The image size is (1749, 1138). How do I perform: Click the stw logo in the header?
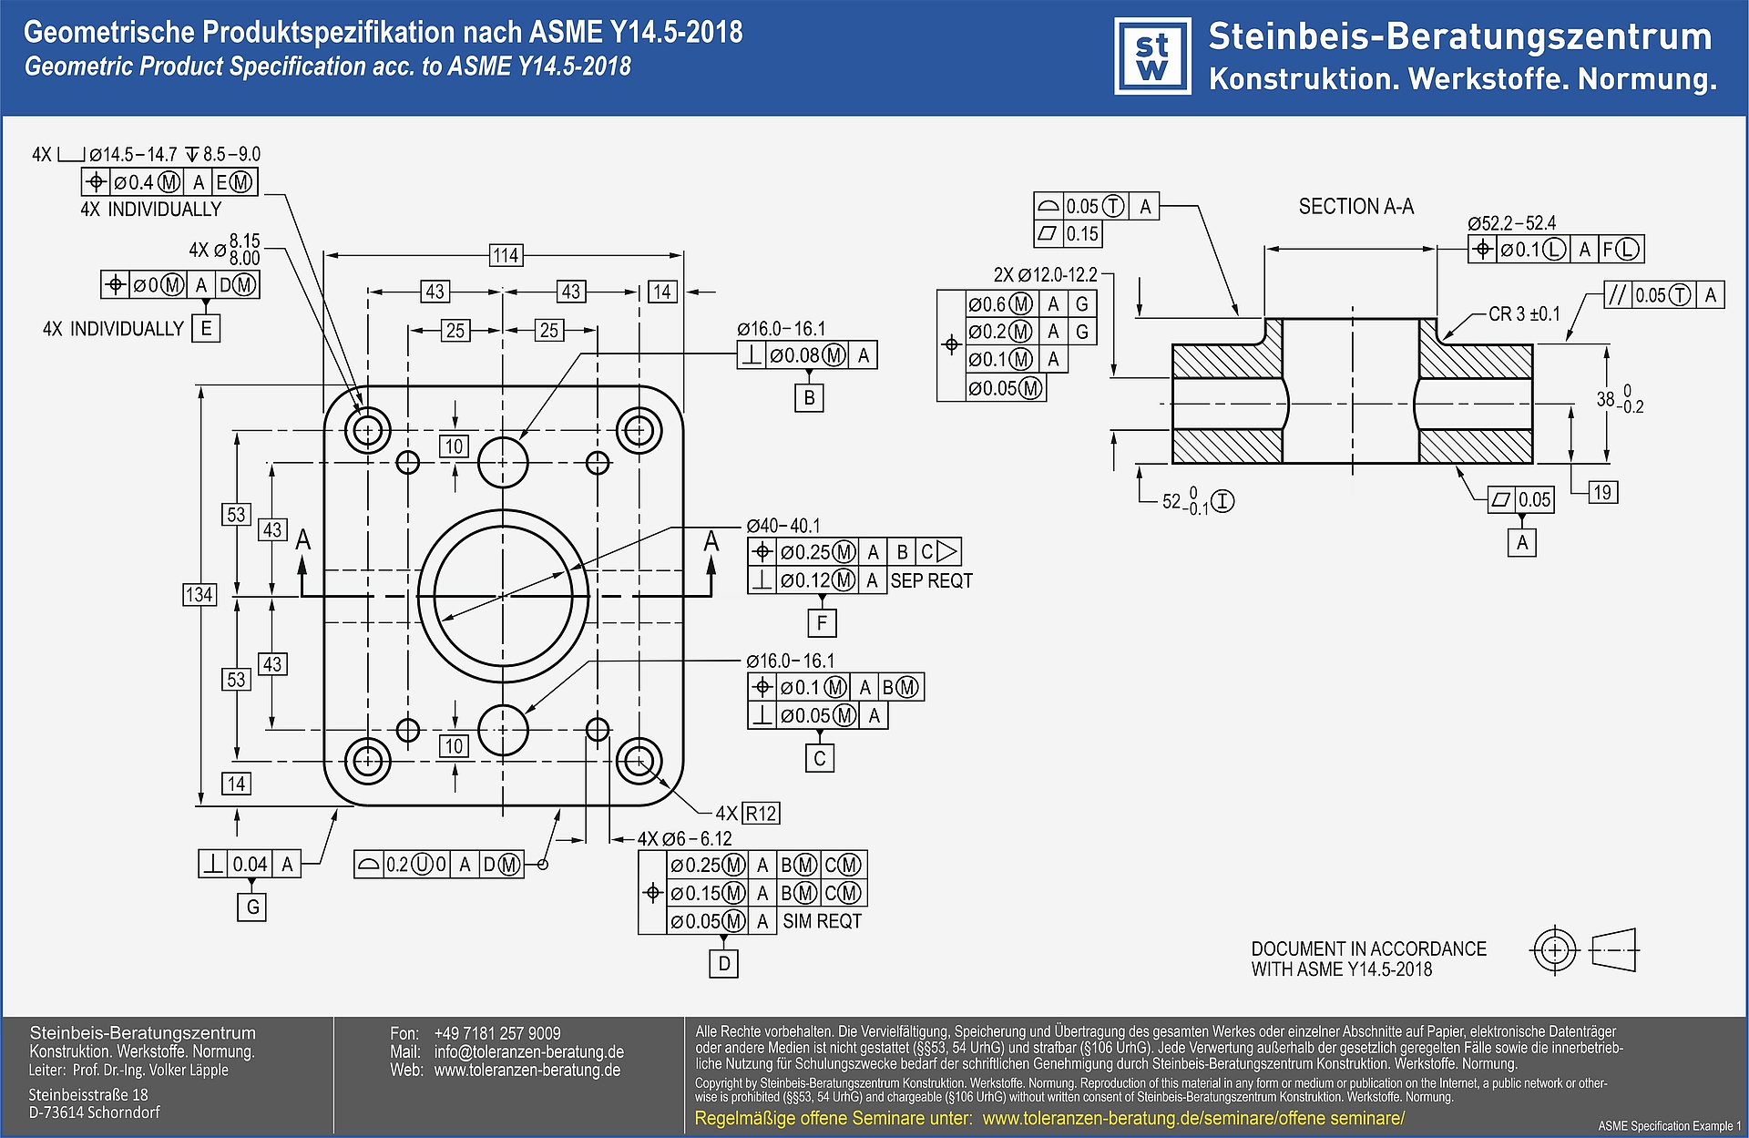[x=1152, y=56]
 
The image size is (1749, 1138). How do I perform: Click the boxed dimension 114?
[x=506, y=255]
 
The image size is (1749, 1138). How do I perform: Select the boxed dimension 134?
[x=199, y=595]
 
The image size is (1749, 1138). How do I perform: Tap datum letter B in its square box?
[x=809, y=398]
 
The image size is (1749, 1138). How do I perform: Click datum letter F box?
[x=822, y=623]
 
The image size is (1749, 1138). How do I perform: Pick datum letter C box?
[x=819, y=758]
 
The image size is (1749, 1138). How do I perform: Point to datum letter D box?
[x=723, y=963]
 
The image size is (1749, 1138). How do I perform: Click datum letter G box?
[x=251, y=907]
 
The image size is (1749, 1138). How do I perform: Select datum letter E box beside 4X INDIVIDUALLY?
[x=207, y=328]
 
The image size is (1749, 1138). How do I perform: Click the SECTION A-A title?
[x=1355, y=207]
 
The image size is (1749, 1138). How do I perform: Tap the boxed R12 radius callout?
[x=762, y=813]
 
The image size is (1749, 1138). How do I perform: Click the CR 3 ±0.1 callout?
[x=1524, y=313]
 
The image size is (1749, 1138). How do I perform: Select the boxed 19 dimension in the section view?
[x=1602, y=493]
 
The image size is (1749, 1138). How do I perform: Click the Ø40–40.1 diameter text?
[x=783, y=526]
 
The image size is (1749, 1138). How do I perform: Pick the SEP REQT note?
[x=931, y=580]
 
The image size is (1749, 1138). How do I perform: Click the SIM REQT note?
[x=822, y=921]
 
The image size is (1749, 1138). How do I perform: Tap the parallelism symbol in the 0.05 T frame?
[x=1618, y=295]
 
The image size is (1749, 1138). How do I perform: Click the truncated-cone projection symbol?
[x=1614, y=950]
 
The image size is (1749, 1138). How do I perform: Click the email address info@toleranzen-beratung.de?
[x=528, y=1051]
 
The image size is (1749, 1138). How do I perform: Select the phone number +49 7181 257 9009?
[x=497, y=1033]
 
